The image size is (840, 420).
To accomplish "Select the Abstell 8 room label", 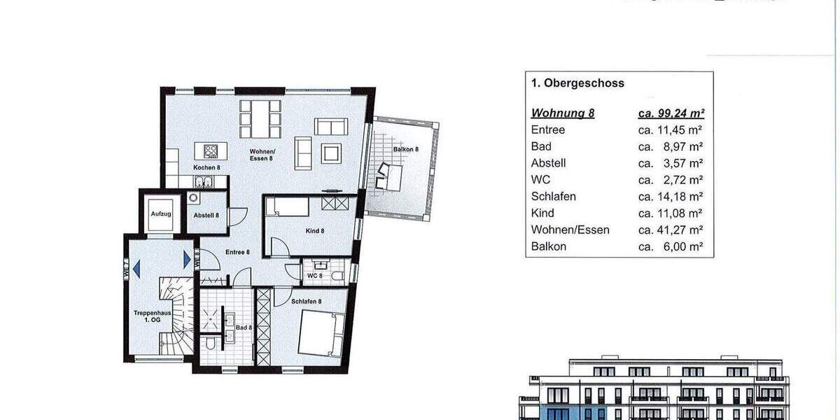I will (x=206, y=216).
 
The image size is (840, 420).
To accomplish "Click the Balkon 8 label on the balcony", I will (x=406, y=149).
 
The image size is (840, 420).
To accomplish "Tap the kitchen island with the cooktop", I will (x=211, y=150).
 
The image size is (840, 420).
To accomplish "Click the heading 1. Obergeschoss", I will (x=577, y=83).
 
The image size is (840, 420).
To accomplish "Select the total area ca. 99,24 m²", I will (x=671, y=113).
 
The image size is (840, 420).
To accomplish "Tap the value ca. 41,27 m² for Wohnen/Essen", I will (x=671, y=230).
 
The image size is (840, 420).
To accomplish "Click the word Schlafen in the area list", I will (x=553, y=197).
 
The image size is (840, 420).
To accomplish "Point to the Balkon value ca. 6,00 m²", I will (x=671, y=246).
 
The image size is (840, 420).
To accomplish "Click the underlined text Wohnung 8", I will (x=563, y=113).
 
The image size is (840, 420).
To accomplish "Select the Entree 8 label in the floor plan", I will (x=237, y=252).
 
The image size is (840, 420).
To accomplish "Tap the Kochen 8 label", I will (x=207, y=168).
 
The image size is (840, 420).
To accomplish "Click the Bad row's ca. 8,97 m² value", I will (x=671, y=146).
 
